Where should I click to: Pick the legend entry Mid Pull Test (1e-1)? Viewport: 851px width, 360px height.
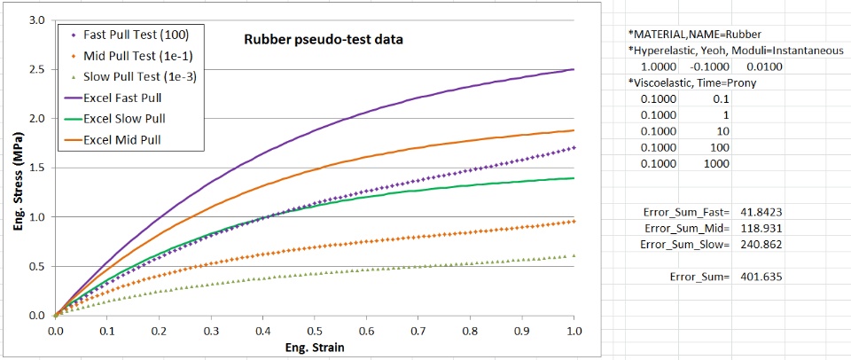(x=141, y=56)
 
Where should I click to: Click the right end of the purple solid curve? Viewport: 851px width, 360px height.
(x=574, y=69)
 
